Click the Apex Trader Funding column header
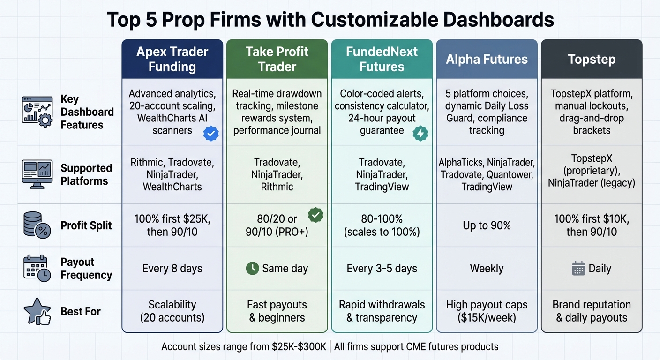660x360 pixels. [172, 59]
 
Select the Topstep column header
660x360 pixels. [592, 60]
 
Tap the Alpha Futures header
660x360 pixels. [487, 60]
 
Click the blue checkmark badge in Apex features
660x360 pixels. [211, 134]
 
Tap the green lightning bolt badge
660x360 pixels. [420, 134]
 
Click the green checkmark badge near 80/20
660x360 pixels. [315, 215]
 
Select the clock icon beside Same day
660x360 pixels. [252, 269]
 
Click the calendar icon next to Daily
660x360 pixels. [579, 269]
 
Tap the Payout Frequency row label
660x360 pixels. [86, 269]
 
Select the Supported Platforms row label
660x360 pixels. [86, 174]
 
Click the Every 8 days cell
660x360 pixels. [172, 269]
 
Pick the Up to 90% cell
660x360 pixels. [487, 225]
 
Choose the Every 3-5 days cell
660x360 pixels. [382, 269]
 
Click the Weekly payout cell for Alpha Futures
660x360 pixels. [487, 269]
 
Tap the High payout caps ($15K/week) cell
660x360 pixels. [487, 311]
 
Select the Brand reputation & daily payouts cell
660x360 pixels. [592, 311]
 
